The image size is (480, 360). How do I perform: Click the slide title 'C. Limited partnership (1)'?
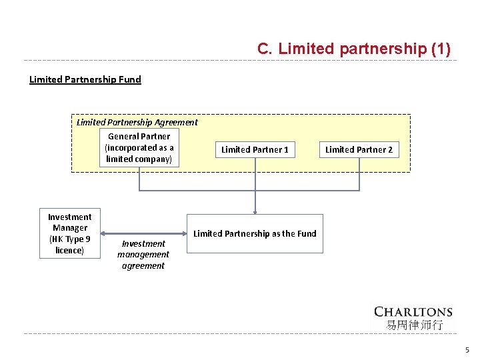(x=353, y=49)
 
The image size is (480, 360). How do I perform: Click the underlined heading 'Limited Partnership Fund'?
(x=85, y=79)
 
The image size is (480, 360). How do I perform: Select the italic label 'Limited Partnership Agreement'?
(x=137, y=122)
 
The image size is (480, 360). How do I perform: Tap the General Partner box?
(x=139, y=148)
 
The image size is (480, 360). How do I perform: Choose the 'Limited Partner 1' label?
(x=255, y=149)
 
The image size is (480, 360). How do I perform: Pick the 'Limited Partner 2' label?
(x=359, y=149)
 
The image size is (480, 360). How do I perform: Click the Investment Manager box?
(x=70, y=233)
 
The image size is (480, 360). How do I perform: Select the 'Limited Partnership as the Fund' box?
(x=255, y=233)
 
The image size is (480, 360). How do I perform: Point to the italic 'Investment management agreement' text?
(x=143, y=255)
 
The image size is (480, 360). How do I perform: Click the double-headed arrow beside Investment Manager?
(x=143, y=233)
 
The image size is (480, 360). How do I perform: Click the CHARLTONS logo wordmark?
(x=413, y=311)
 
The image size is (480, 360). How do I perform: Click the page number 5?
(x=467, y=350)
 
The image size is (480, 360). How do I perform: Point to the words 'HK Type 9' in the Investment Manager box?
(x=70, y=239)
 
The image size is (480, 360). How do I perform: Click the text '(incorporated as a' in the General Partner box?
(x=139, y=148)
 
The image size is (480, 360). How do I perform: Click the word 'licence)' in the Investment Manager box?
(x=69, y=250)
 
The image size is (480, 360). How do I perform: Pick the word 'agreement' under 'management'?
(x=143, y=265)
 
